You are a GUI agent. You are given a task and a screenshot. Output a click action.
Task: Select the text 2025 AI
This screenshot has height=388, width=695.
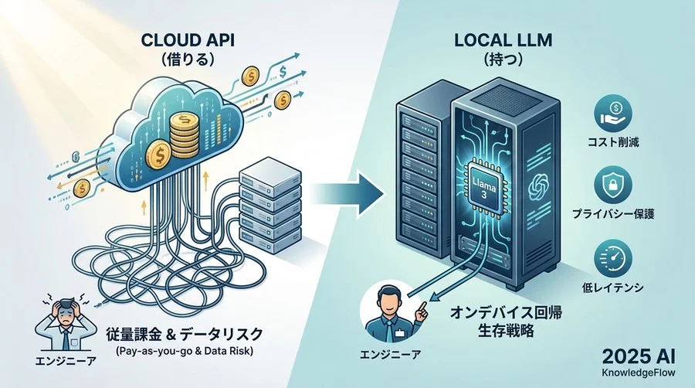[x=641, y=357]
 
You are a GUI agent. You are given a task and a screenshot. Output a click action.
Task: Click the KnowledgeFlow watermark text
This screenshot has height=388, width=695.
[x=641, y=375]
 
